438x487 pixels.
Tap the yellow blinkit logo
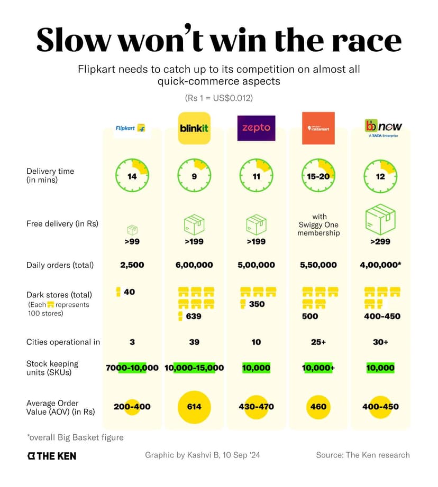click(x=194, y=128)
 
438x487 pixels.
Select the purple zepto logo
click(x=256, y=128)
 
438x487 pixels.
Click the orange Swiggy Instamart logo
click(x=318, y=128)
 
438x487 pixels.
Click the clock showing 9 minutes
click(x=194, y=176)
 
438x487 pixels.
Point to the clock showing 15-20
click(x=318, y=176)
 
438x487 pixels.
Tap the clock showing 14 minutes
click(x=132, y=176)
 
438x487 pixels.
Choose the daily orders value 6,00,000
click(x=194, y=265)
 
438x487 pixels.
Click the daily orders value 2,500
click(x=132, y=265)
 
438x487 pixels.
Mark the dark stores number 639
click(x=194, y=316)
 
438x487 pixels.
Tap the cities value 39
click(x=194, y=342)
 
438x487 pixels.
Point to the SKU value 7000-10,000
click(x=132, y=368)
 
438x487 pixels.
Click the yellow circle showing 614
click(x=194, y=407)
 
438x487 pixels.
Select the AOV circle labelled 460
click(x=318, y=407)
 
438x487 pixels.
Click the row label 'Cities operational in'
click(x=63, y=342)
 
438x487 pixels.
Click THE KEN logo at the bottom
click(x=52, y=455)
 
